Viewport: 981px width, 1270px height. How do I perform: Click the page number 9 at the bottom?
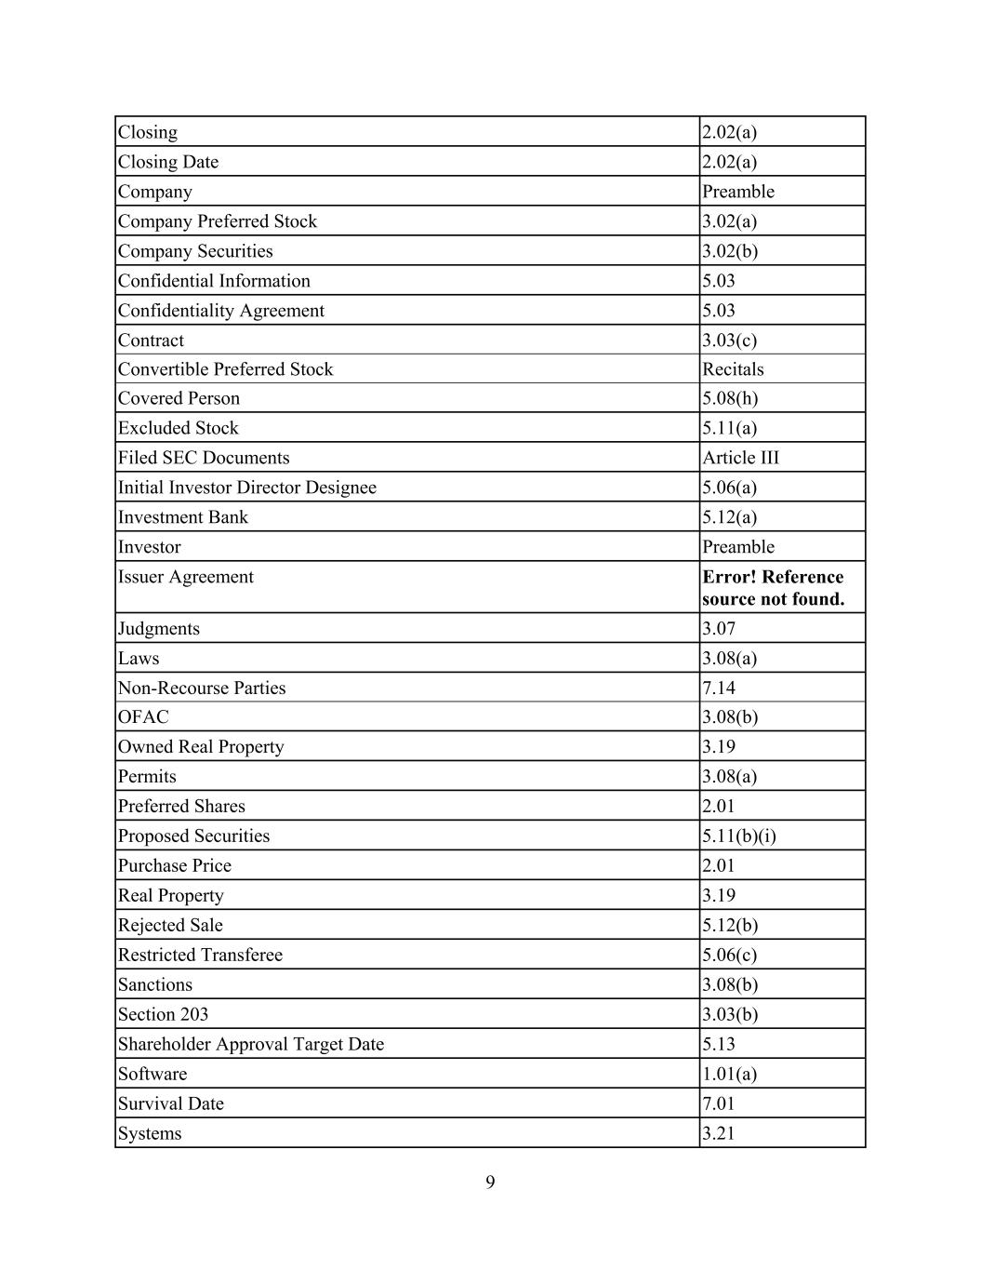[x=490, y=1183]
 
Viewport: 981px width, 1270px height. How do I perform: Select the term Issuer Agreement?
[x=185, y=577]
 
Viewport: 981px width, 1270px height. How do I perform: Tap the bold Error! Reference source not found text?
[x=773, y=588]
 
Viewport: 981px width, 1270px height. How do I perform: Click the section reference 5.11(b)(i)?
[x=738, y=836]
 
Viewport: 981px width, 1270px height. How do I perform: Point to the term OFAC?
[x=143, y=717]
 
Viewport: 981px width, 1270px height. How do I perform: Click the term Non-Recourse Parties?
[x=202, y=688]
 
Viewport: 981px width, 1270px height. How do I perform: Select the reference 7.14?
[x=718, y=688]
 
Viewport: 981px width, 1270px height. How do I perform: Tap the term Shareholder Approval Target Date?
[x=250, y=1044]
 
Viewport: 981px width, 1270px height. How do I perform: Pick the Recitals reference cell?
[x=733, y=369]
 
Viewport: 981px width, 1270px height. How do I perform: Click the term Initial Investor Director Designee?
[x=246, y=488]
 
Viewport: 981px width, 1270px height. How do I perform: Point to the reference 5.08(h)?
[x=729, y=398]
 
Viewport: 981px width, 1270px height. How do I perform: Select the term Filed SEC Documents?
[x=203, y=458]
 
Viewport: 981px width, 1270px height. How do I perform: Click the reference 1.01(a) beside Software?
[x=729, y=1074]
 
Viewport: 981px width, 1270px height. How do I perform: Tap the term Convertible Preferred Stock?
[x=225, y=369]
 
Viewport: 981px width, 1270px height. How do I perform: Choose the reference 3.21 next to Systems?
[x=718, y=1133]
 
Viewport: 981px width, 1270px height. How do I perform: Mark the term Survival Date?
[x=170, y=1103]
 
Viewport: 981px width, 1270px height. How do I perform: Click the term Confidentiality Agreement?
[x=220, y=311]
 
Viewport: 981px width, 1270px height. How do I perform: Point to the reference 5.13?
[x=718, y=1044]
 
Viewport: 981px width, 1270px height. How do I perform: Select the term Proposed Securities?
[x=193, y=836]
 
